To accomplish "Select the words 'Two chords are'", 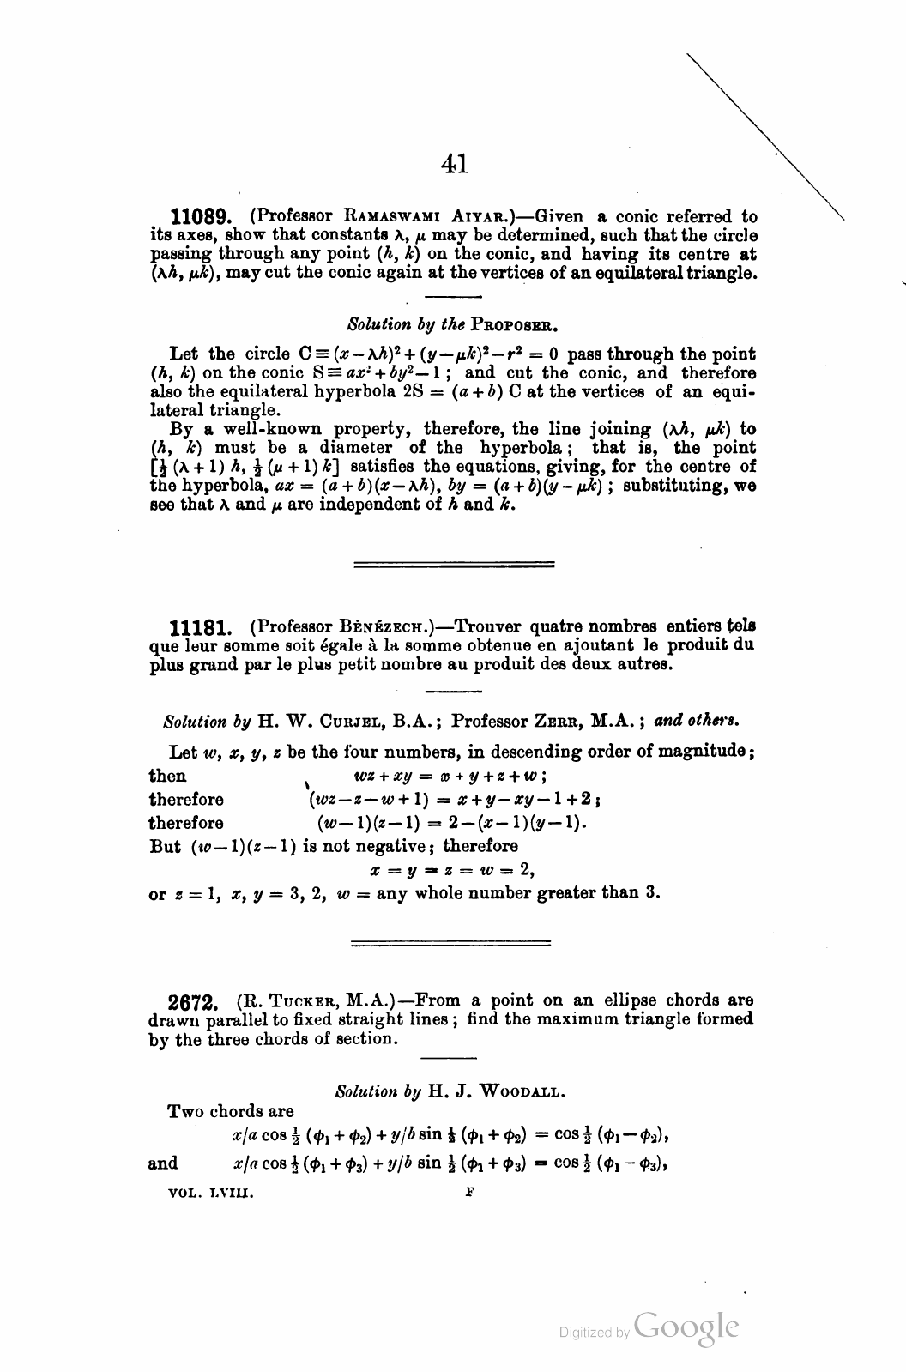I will point(232,1112).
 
